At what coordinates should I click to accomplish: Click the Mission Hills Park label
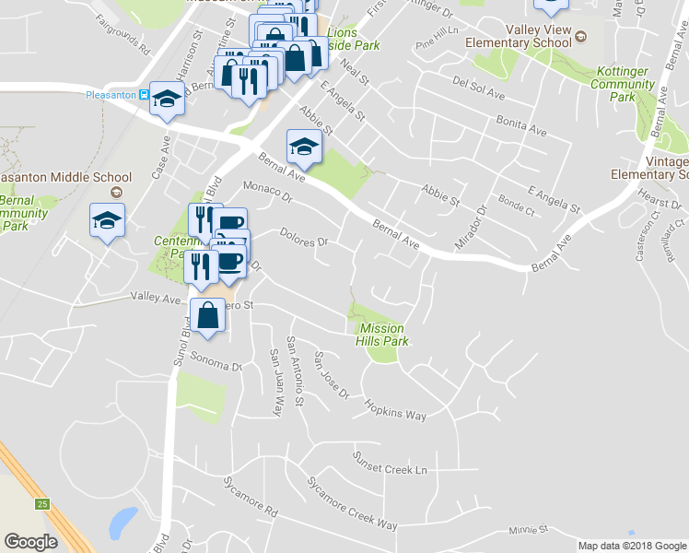[x=381, y=335]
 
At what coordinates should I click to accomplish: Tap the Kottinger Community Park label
[x=624, y=84]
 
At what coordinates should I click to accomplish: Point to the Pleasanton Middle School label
[x=64, y=177]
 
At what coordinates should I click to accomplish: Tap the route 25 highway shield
[x=42, y=503]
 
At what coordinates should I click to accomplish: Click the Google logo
[x=30, y=542]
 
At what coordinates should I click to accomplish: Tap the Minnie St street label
[x=528, y=530]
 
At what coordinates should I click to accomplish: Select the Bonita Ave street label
[x=521, y=127]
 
